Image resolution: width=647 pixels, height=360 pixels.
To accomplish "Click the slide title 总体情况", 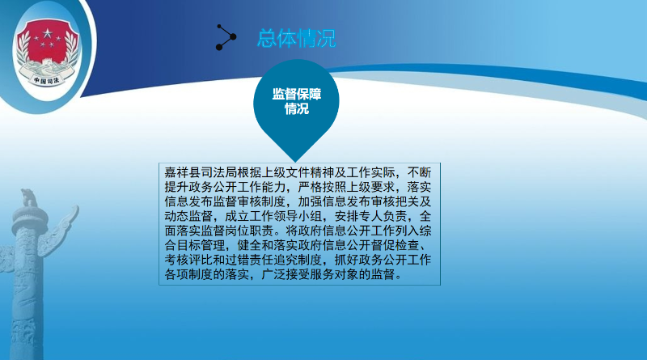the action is pos(296,38).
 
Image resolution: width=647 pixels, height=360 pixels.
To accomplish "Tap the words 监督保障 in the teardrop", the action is pos(296,94).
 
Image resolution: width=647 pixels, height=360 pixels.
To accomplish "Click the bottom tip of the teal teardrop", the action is pos(295,161).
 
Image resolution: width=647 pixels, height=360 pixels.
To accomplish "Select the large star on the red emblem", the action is pos(49,32).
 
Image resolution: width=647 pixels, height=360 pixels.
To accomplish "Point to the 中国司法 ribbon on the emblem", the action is pos(46,80).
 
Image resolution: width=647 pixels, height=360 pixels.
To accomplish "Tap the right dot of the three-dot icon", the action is pos(233,37).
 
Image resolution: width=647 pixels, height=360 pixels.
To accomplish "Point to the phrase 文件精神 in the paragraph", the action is pos(310,172).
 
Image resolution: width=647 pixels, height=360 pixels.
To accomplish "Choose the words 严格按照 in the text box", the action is pos(322,187).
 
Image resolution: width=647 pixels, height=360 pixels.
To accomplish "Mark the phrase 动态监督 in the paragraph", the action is pos(188,216).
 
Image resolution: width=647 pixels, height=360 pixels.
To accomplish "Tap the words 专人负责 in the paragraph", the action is pos(383,216).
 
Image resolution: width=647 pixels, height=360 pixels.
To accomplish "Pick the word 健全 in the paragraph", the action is pos(249,245).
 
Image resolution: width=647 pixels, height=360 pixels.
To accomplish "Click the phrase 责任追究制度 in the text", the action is pos(285,260).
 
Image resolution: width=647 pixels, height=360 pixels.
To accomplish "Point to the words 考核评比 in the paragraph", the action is pos(188,260).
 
